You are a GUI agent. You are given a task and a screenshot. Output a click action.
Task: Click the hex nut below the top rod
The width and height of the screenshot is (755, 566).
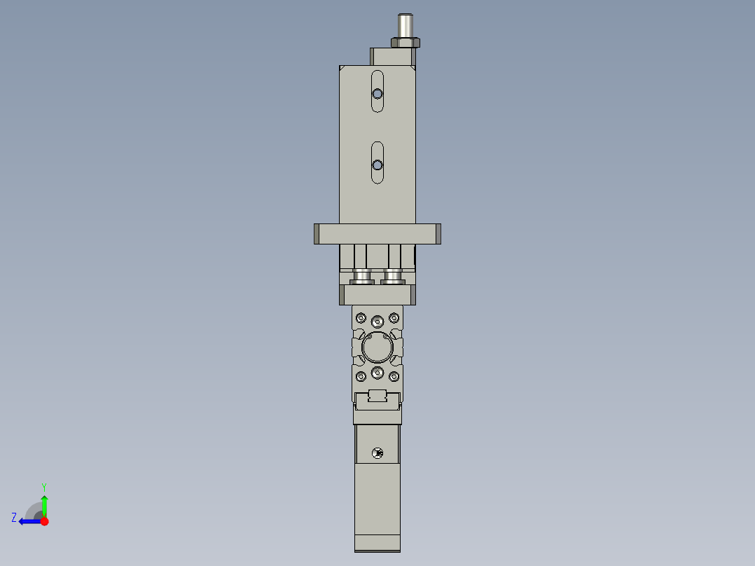coord(406,43)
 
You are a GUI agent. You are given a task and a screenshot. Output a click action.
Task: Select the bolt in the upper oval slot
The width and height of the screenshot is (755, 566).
coord(377,94)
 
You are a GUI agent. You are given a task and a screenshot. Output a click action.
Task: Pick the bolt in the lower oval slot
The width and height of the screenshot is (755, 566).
coord(377,165)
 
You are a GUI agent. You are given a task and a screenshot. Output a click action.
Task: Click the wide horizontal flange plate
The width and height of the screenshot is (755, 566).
coord(377,233)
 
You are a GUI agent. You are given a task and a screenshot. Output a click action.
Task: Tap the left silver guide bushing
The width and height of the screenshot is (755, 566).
coord(362,277)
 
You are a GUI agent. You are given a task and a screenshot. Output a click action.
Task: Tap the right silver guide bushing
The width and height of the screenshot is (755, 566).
coord(393,277)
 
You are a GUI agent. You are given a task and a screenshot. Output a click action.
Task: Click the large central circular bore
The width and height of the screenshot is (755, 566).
coord(377,347)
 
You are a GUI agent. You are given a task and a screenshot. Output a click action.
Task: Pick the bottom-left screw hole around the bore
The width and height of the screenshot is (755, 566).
coord(361,377)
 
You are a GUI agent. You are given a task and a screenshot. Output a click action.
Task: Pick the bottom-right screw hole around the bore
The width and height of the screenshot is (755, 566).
coord(394,377)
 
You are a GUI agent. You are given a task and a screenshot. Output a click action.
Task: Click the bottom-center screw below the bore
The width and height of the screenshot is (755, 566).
coord(377,372)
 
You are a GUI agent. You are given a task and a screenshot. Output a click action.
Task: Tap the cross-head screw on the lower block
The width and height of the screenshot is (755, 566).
coord(378,453)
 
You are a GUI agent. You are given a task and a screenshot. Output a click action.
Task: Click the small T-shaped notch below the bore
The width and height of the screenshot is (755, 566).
coord(377,396)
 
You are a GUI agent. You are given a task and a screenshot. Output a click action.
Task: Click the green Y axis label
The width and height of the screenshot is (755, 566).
coord(43,486)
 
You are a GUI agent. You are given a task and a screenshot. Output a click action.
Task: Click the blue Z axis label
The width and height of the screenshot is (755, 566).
coord(14,518)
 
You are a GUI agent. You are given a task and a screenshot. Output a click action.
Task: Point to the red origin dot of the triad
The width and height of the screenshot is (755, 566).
coord(44,521)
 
